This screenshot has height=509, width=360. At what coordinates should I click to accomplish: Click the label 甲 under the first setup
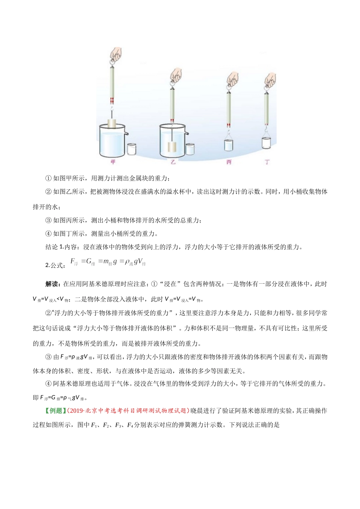(112, 162)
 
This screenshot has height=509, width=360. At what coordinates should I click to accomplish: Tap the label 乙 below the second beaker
(173, 162)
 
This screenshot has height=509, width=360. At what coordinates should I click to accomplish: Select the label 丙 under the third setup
(229, 162)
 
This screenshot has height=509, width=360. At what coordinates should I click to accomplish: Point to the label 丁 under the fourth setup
(268, 162)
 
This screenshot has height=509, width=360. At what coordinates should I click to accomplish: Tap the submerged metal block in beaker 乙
(172, 147)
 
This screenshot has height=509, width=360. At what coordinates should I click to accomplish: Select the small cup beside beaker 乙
(189, 149)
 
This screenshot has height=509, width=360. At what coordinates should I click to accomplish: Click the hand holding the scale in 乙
(176, 75)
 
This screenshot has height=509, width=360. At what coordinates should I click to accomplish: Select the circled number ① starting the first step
(48, 178)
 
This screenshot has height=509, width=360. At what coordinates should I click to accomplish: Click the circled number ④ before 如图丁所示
(48, 234)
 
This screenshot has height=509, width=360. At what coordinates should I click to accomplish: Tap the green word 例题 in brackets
(56, 411)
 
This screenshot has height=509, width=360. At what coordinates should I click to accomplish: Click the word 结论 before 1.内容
(52, 247)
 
